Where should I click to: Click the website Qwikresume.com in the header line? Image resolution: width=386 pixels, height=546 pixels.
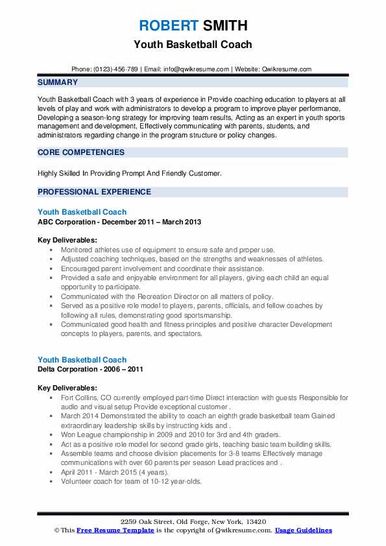click(287, 69)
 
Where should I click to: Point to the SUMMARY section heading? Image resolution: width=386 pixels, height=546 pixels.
click(58, 82)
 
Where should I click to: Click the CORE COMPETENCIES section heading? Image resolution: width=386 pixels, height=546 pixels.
click(81, 152)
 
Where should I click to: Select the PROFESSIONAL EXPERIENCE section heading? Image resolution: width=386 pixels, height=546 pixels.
click(94, 192)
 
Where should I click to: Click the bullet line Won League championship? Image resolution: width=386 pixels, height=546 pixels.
click(171, 434)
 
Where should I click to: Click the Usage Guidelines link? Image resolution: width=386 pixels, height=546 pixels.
click(303, 530)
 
